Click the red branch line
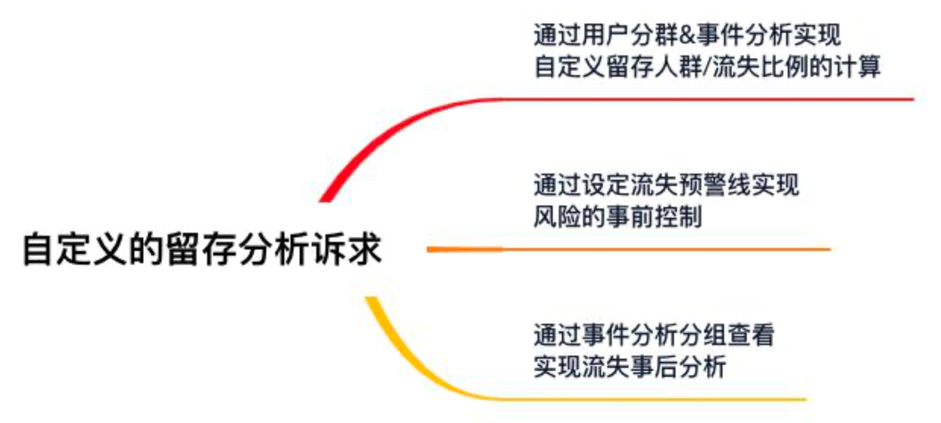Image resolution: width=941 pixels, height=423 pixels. [706, 99]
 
